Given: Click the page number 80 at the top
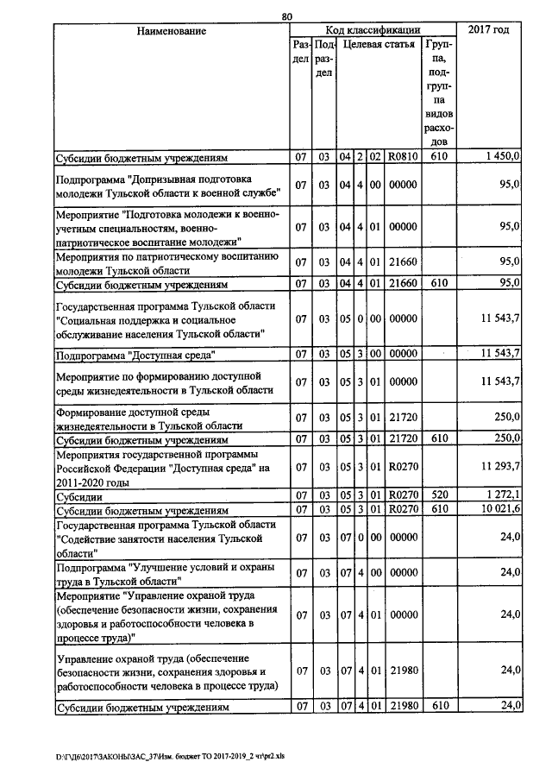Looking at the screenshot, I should tap(287, 15).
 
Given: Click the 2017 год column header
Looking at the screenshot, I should tap(488, 30).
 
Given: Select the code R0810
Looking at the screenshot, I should tap(403, 158).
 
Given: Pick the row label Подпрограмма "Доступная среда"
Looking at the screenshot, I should tap(135, 354).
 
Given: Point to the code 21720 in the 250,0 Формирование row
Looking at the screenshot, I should tap(403, 418).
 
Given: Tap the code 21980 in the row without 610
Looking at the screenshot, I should tap(403, 671).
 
